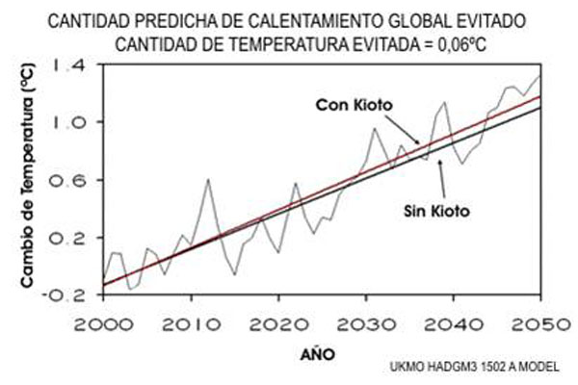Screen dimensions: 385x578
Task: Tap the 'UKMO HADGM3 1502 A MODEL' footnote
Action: pyautogui.click(x=474, y=368)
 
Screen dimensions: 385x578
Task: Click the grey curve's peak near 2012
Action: pyautogui.click(x=208, y=180)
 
